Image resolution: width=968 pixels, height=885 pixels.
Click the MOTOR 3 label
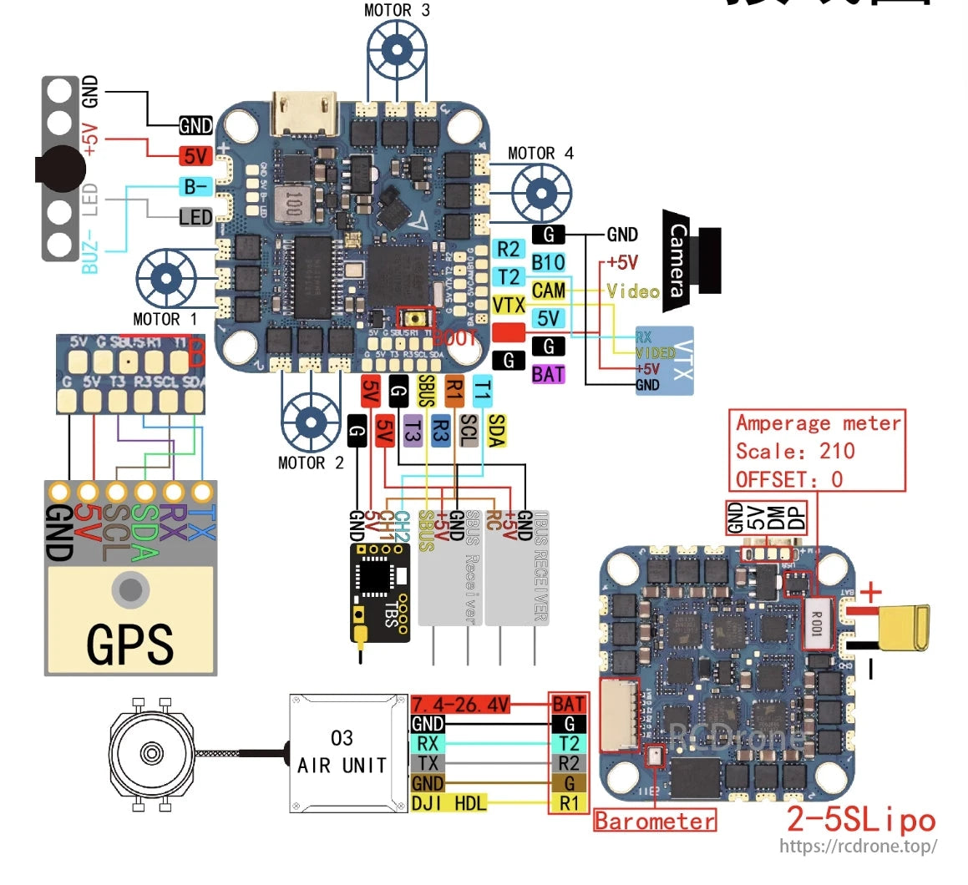pos(397,11)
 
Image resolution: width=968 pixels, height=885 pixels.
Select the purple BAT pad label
pos(548,374)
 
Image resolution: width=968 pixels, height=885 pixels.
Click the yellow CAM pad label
pos(549,291)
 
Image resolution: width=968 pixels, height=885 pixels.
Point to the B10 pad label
pos(548,262)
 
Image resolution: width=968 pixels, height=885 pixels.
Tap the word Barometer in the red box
pos(655,821)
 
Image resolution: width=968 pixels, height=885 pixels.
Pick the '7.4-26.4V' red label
pos(460,704)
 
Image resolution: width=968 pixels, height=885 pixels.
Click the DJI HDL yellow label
pos(449,803)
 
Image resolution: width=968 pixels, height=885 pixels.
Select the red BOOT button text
pos(455,338)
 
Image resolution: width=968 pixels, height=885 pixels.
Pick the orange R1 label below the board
pos(454,391)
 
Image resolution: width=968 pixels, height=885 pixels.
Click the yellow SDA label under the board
pos(496,431)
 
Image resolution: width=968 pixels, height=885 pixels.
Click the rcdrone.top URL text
pos(858,846)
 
